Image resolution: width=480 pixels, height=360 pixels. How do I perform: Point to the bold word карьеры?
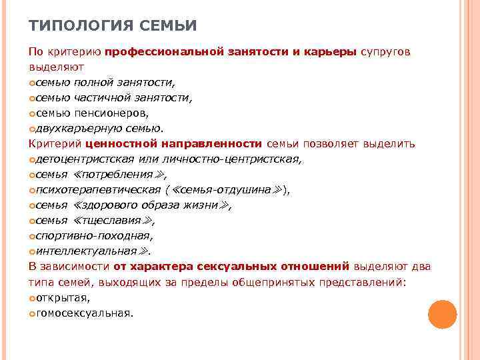click(x=331, y=52)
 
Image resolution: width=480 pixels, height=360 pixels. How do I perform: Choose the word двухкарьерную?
click(x=77, y=129)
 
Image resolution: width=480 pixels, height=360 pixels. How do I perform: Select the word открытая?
click(x=63, y=297)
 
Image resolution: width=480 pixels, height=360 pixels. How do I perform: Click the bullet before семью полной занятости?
click(x=33, y=83)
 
